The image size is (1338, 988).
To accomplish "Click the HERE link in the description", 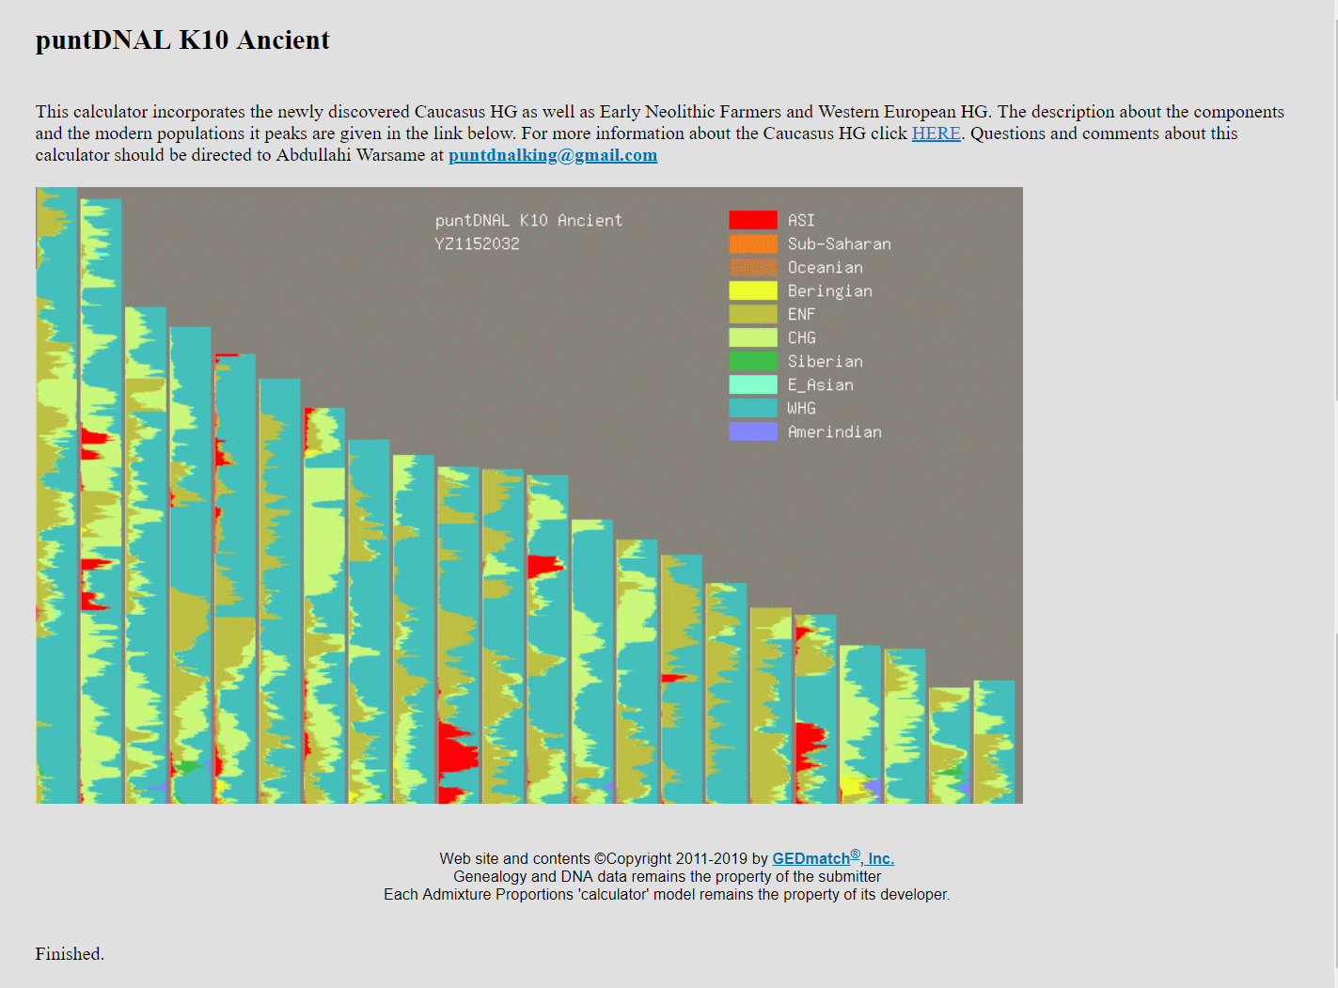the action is (x=936, y=133).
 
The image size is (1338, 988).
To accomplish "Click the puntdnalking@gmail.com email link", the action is (x=553, y=155).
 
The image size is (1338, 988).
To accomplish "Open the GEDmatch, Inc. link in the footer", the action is (x=833, y=857).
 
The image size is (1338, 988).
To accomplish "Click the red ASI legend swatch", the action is (x=753, y=220).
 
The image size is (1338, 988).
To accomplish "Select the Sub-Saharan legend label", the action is (x=839, y=243).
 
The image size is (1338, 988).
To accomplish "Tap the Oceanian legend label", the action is (x=825, y=267).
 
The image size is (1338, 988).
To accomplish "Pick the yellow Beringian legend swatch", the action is (x=753, y=290).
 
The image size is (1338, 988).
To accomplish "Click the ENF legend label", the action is (x=801, y=314).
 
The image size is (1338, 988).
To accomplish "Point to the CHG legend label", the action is (x=801, y=337).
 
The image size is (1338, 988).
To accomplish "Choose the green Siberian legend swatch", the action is (x=753, y=361).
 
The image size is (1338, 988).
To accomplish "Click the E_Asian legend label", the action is (x=821, y=384).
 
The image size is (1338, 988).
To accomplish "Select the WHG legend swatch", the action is (x=753, y=408).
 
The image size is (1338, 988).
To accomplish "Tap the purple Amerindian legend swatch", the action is (x=753, y=431).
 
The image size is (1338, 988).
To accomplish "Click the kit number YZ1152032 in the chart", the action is (x=477, y=243).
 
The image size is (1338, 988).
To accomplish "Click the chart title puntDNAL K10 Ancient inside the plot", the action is (x=528, y=220).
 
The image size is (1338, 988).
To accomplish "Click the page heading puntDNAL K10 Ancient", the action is (x=182, y=39).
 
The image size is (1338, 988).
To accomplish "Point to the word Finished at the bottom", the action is (x=70, y=953).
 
